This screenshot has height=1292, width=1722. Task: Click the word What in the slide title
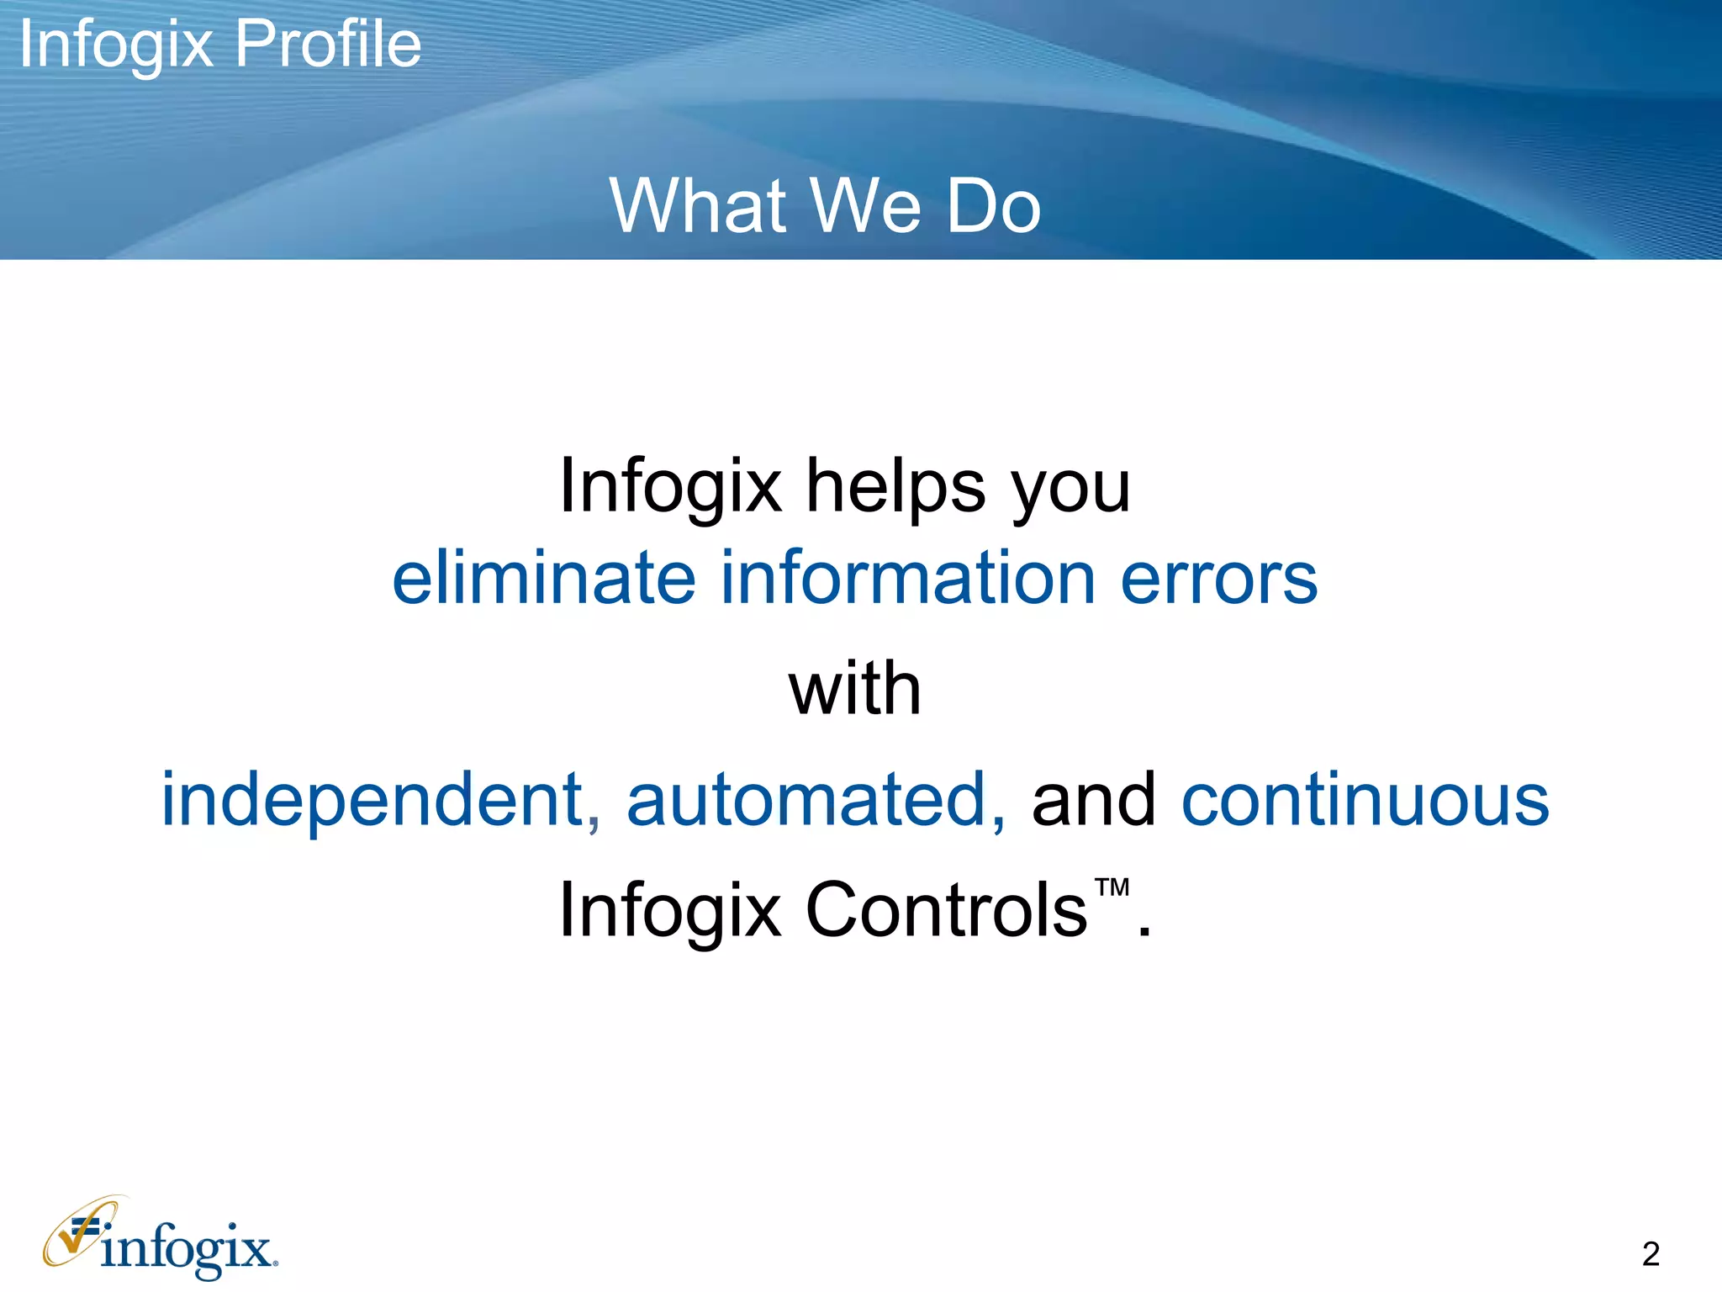pos(698,206)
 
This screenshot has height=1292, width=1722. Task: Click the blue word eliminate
pos(544,578)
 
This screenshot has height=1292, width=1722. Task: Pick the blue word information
pos(908,578)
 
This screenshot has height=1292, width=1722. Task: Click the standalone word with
pos(855,689)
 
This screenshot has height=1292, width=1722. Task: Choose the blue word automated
pos(815,800)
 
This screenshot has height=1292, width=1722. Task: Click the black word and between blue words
pos(1093,800)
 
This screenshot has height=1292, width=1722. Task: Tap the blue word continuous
pos(1365,800)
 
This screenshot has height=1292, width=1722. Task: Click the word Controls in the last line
pos(946,909)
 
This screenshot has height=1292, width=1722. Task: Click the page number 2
pos(1651,1254)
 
